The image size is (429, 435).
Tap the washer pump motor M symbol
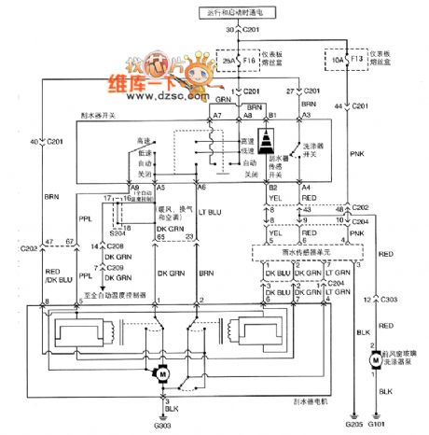click(372, 358)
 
